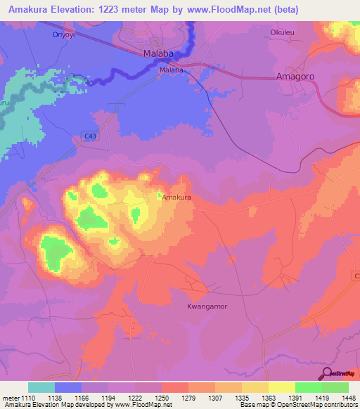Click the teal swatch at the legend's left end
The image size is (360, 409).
tap(41, 387)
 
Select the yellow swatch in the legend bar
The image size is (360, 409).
tap(281, 387)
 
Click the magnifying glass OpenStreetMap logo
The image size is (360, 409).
tap(328, 374)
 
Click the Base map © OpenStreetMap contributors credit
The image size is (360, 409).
tap(296, 405)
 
